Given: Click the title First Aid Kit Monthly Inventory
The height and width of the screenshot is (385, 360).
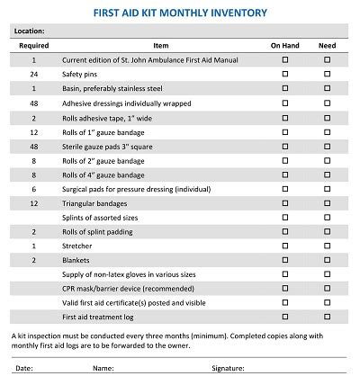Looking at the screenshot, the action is [x=180, y=13].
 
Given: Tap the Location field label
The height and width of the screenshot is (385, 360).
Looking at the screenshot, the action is [x=32, y=31].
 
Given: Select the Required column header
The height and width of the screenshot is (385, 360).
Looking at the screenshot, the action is [x=33, y=44].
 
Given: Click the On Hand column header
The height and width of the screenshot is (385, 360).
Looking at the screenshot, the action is [x=285, y=44].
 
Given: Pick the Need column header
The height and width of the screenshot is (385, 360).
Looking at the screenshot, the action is [x=327, y=44].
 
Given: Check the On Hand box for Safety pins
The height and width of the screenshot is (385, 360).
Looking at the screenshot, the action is [x=285, y=74].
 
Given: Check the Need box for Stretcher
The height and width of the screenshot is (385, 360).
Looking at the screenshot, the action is [x=327, y=245].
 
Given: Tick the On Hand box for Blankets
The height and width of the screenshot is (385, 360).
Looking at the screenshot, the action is [x=285, y=259].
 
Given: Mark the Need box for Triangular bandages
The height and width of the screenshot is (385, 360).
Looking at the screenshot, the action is [x=327, y=203].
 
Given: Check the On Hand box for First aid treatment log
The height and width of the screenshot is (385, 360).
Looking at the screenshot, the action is [x=285, y=318].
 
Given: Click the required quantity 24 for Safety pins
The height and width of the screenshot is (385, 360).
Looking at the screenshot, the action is [x=33, y=74].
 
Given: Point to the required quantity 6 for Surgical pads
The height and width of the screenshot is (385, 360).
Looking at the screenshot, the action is [x=33, y=189].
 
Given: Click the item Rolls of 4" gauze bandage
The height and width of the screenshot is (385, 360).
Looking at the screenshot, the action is [x=103, y=175].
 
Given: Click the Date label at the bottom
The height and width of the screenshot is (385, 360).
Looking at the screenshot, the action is [x=24, y=368].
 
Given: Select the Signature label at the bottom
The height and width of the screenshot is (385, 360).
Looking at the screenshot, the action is [x=228, y=368].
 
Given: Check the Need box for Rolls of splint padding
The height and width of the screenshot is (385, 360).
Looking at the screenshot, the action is [x=327, y=231].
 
